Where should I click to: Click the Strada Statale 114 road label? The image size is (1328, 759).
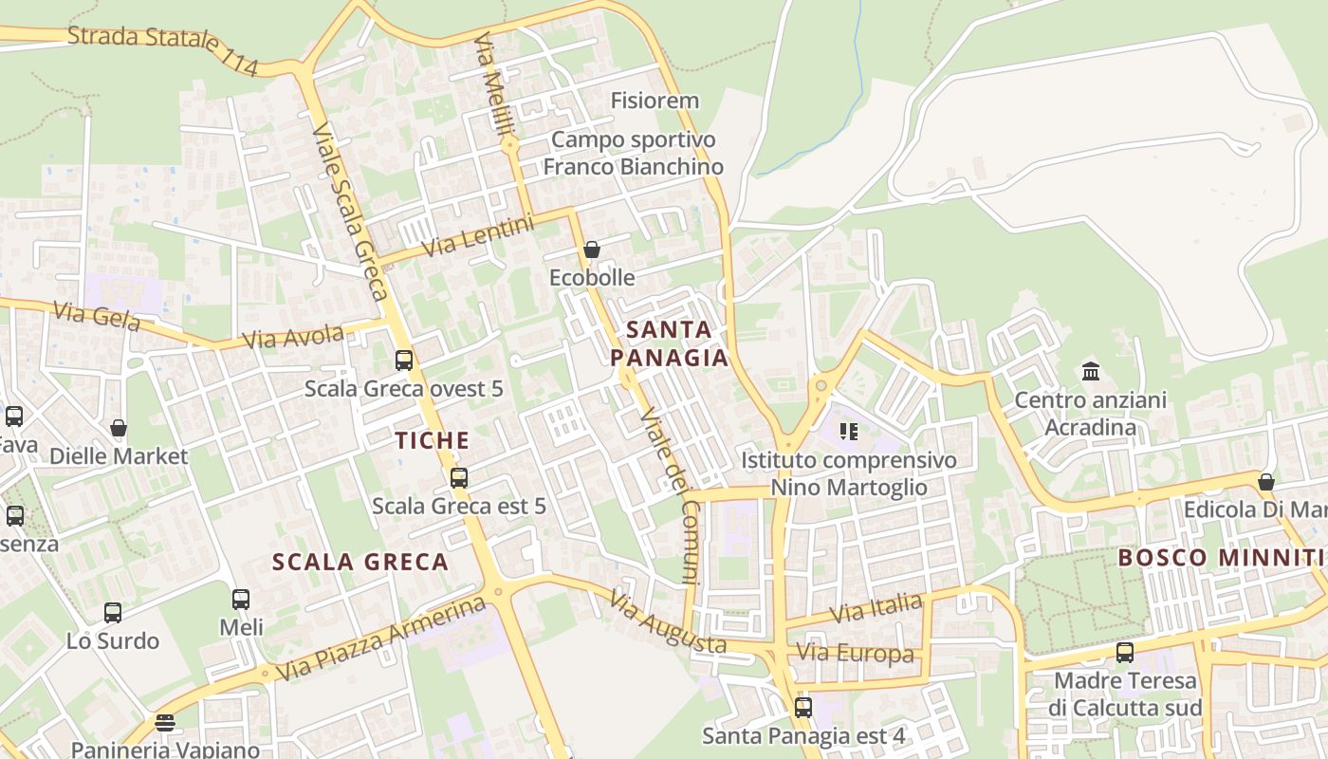[163, 49]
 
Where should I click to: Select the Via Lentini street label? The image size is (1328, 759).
[478, 236]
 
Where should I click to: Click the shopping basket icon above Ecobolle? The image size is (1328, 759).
[592, 250]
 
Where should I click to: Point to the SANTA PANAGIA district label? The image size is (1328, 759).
[669, 343]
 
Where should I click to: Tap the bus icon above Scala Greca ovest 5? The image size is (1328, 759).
[404, 361]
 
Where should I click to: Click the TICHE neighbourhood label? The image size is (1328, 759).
[433, 440]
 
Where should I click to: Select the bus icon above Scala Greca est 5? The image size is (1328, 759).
[459, 478]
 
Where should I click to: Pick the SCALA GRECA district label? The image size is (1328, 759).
[360, 562]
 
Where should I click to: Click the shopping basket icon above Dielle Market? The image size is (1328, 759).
[119, 428]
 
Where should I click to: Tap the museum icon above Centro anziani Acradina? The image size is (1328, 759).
[1090, 371]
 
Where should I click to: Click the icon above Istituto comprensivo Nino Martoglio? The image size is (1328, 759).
[848, 433]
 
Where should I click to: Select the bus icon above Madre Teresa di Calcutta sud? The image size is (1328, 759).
[1125, 653]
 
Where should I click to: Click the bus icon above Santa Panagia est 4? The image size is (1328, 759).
[803, 707]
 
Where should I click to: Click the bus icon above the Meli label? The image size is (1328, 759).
[241, 600]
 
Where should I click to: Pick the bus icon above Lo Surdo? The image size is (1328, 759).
[113, 613]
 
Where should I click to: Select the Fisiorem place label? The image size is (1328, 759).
[655, 101]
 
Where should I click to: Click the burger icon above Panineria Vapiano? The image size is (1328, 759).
[165, 723]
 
